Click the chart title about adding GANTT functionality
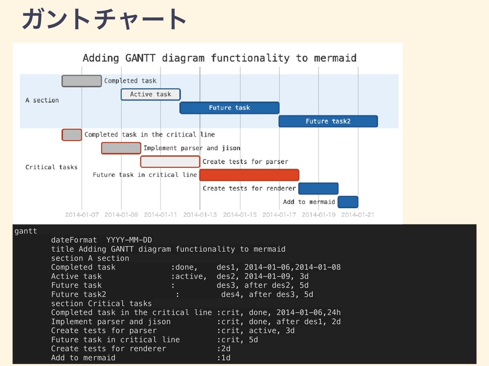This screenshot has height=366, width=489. tap(219, 58)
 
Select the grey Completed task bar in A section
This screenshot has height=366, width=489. tap(82, 81)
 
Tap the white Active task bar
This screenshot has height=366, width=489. tap(150, 94)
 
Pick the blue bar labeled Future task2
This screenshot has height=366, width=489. tap(328, 121)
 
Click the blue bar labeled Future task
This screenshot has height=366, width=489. tap(229, 108)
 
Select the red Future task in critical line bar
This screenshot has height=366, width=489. tap(249, 175)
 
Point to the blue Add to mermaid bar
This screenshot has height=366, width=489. tap(348, 202)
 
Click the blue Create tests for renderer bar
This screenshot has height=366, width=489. tap(319, 188)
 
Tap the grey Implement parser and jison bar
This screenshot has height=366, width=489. tap(121, 148)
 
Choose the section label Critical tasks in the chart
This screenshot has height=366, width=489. tap(51, 167)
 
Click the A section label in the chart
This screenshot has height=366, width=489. tap(42, 100)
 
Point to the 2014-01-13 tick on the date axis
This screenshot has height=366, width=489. tap(200, 214)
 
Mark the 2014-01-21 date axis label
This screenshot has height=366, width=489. tap(358, 214)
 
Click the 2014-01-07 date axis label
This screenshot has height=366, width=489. tap(82, 214)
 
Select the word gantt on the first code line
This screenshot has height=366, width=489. tap(26, 231)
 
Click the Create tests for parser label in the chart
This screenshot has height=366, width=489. tap(245, 162)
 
